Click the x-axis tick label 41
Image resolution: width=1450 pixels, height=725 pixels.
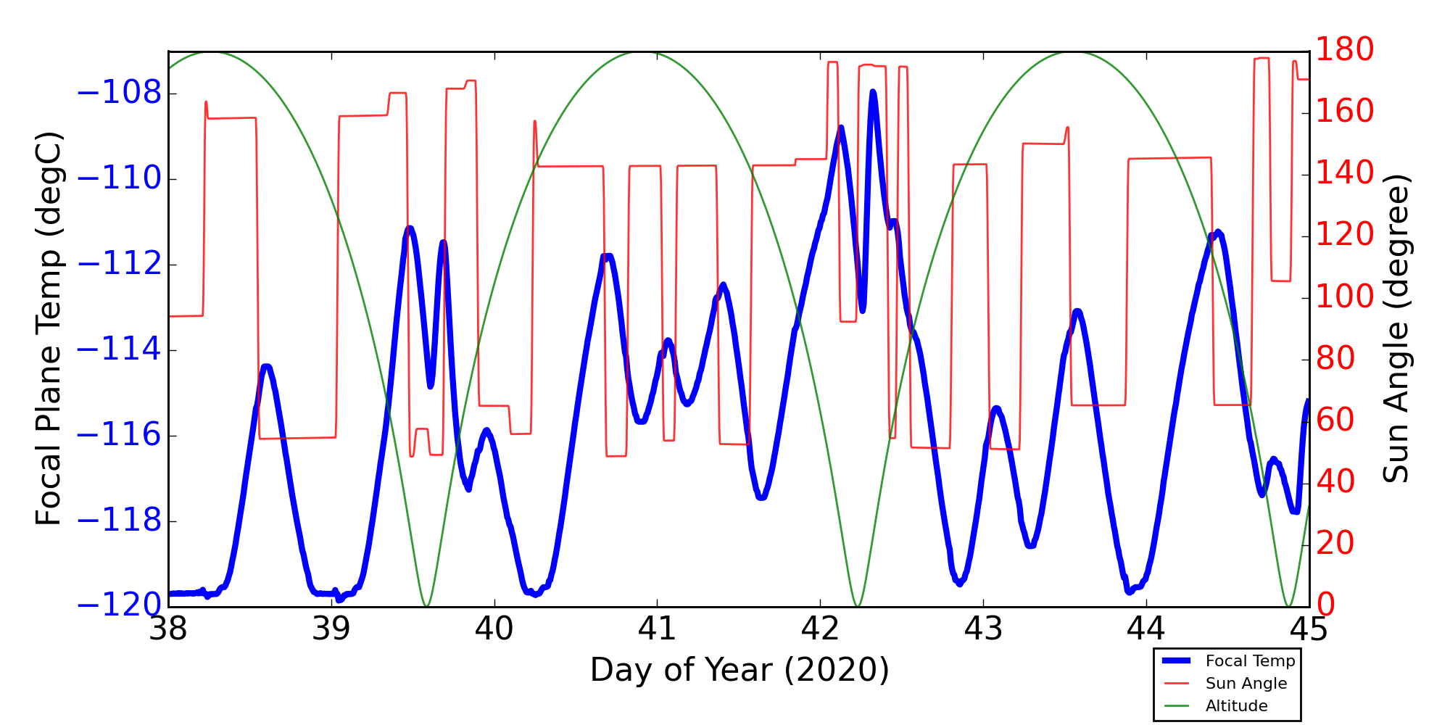[657, 629]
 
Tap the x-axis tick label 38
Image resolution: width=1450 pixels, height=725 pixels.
[168, 629]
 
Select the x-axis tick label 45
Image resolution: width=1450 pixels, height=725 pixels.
[1309, 629]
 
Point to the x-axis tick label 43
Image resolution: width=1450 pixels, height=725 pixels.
[983, 629]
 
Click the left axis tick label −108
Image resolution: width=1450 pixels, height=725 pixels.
[119, 94]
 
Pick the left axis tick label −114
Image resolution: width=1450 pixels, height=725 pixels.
[119, 350]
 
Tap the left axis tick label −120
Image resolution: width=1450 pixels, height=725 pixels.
[119, 605]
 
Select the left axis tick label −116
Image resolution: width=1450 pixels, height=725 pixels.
[119, 436]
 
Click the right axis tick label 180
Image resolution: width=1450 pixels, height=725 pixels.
[1345, 49]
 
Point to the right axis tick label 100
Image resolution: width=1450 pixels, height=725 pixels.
[1345, 297]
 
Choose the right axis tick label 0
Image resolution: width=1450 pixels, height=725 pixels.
[1326, 604]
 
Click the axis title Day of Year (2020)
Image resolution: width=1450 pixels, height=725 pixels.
[739, 671]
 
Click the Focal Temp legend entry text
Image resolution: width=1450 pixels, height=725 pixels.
[1250, 661]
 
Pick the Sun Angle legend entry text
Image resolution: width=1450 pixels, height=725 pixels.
[1246, 684]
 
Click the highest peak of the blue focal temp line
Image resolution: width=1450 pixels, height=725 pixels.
[873, 92]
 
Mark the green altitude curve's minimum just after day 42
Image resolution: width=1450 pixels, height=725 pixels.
[858, 605]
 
